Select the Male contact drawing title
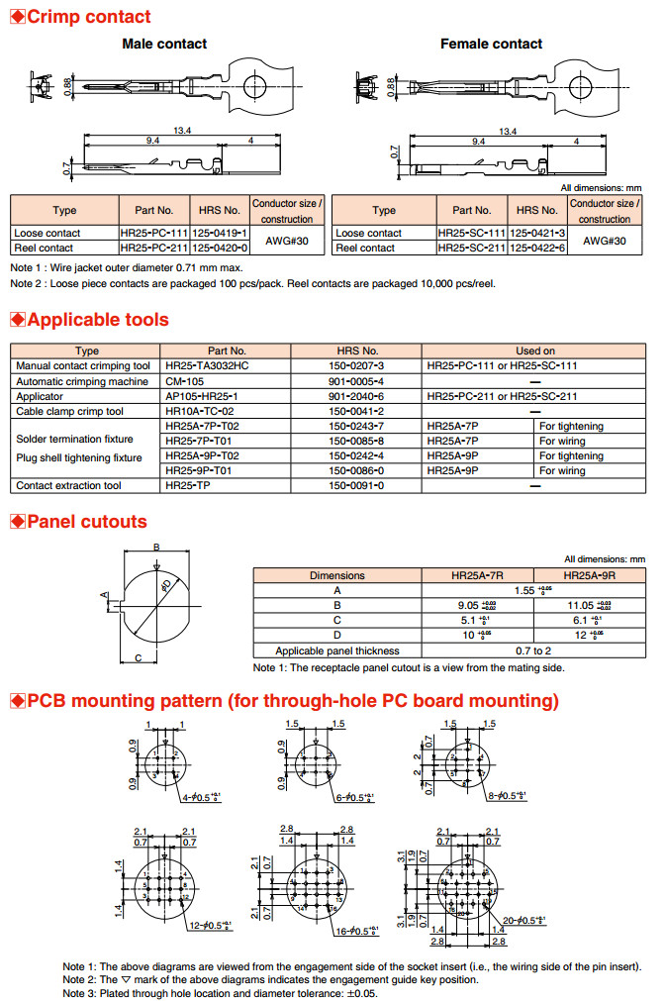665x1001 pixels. pyautogui.click(x=164, y=44)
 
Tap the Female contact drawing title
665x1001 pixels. pyautogui.click(x=491, y=44)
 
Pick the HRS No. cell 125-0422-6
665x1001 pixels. pyautogui.click(x=536, y=248)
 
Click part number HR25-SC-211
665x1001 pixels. pyautogui.click(x=471, y=248)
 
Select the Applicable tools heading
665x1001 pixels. pyautogui.click(x=97, y=320)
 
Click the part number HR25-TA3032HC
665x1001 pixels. pyautogui.click(x=207, y=365)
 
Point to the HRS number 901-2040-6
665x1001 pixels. pyautogui.click(x=356, y=396)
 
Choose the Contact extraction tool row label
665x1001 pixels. pyautogui.click(x=68, y=485)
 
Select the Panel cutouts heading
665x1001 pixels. pyautogui.click(x=86, y=522)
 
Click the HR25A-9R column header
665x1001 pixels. pyautogui.click(x=590, y=575)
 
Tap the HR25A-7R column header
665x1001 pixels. pyautogui.click(x=478, y=575)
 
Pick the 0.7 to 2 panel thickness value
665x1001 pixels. pyautogui.click(x=534, y=651)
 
